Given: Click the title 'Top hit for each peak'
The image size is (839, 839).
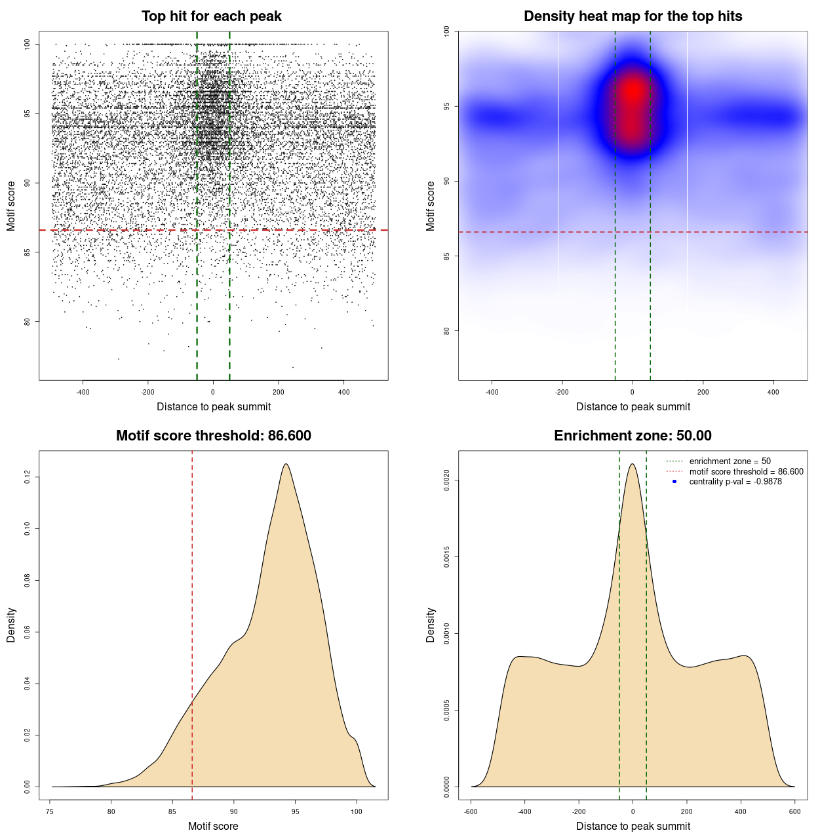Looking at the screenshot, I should pos(211,16).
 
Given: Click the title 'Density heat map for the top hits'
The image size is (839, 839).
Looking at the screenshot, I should pos(633,16).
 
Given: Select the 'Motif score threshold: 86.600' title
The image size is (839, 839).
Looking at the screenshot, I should pos(213,436).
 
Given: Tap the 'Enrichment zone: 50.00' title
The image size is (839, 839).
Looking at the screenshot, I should pos(633,436).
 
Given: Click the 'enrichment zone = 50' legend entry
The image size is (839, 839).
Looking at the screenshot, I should pos(730,461).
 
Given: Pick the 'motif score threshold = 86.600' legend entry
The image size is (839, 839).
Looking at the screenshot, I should pos(746,471).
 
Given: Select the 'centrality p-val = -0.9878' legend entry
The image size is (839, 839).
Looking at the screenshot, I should pos(735,482).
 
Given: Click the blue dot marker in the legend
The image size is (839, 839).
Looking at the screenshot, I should pos(674,482).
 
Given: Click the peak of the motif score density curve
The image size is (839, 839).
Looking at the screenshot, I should pos(286,464).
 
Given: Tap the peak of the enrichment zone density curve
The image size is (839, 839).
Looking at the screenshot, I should pos(632,464).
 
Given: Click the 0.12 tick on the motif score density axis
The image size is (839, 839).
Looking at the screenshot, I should pos(28,478).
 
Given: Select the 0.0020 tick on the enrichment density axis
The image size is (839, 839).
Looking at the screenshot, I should pos(447,480).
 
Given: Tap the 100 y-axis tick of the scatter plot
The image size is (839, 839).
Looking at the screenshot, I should pos(28,45).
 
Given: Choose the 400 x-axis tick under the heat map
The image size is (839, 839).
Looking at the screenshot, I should pos(773,392).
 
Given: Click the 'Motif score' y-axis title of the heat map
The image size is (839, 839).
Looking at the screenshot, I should pos(431,206).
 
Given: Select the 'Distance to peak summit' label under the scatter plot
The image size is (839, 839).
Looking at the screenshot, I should pos(214,406).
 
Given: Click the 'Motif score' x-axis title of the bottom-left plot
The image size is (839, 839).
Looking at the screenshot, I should pos(213,826).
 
